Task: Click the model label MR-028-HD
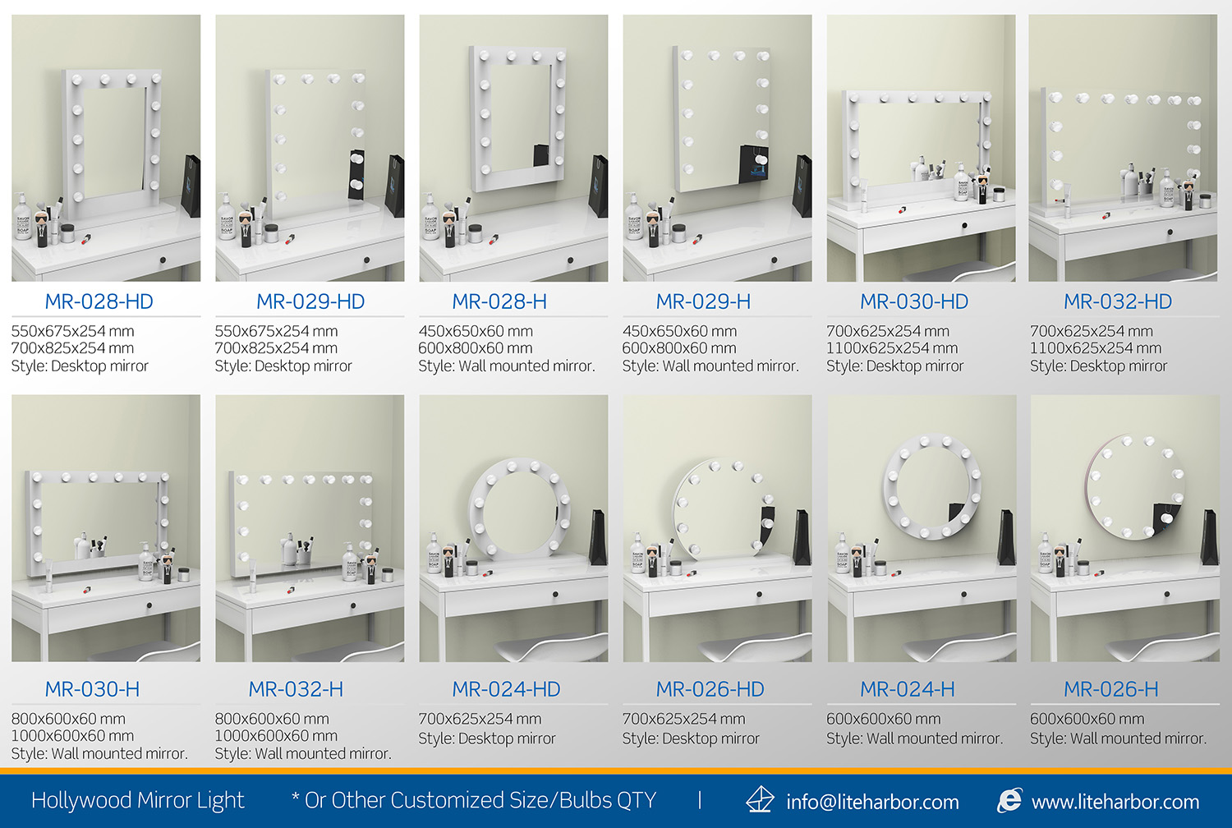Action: point(99,301)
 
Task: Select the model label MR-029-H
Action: point(703,301)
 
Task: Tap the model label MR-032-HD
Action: point(1118,301)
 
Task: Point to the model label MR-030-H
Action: point(92,689)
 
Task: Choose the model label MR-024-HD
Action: point(506,689)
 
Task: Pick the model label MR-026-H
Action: point(1111,689)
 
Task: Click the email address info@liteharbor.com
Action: point(872,802)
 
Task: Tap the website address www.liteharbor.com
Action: point(1115,802)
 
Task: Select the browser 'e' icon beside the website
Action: point(1009,800)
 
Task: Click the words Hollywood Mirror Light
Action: point(137,801)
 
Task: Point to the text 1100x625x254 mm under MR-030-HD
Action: point(892,348)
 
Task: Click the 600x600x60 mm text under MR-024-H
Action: point(883,719)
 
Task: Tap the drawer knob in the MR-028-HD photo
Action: point(163,260)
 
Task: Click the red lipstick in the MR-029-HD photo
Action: point(290,239)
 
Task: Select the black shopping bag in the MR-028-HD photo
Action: point(191,186)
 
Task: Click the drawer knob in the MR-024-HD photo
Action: point(555,594)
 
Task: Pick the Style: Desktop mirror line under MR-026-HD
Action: point(691,738)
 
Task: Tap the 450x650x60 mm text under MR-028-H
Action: point(476,331)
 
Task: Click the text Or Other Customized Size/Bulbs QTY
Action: point(480,801)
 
